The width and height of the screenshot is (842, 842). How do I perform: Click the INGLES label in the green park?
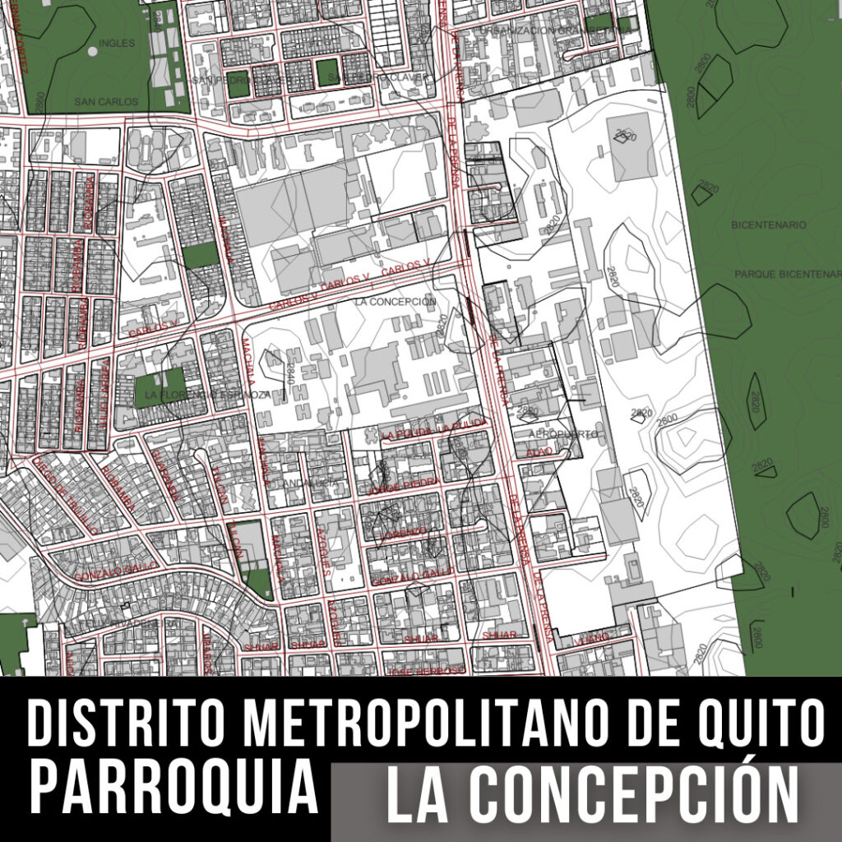coord(115,43)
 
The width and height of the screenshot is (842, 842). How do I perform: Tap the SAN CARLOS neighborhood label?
coord(101,102)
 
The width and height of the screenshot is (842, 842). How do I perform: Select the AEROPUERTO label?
coord(563,433)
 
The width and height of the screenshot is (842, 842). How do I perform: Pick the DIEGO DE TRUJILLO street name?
coord(66,495)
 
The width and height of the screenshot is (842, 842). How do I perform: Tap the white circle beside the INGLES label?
coord(92,51)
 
